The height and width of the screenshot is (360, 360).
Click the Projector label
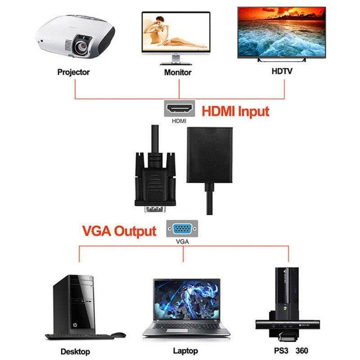[73, 72]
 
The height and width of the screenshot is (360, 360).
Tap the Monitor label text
[178, 72]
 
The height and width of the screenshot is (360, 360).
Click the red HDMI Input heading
[235, 111]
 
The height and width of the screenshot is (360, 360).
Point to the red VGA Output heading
[119, 231]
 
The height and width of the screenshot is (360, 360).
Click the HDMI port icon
[179, 108]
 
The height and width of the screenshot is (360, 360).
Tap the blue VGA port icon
[182, 229]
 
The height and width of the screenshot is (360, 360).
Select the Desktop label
[75, 351]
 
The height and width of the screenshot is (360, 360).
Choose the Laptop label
[184, 351]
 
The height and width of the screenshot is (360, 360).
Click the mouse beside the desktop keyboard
[118, 335]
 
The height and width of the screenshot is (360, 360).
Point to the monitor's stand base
[177, 62]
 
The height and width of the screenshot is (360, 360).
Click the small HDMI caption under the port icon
[179, 121]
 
